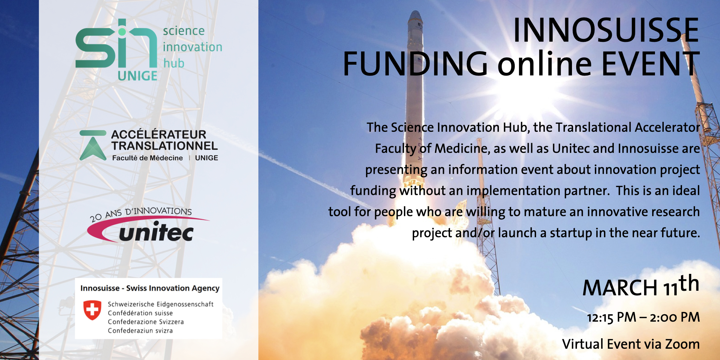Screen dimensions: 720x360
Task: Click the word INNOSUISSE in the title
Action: click(x=606, y=31)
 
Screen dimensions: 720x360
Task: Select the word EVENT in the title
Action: click(x=651, y=64)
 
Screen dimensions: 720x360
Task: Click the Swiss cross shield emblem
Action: click(x=92, y=310)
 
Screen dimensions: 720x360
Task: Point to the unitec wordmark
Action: click(x=156, y=232)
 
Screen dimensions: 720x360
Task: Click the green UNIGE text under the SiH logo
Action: click(x=137, y=76)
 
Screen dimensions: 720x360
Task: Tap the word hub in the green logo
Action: click(x=174, y=63)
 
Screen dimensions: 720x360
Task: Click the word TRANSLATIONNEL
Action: click(x=165, y=146)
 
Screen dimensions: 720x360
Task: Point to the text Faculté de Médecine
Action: click(x=147, y=158)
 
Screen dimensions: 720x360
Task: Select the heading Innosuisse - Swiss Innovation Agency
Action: click(x=150, y=288)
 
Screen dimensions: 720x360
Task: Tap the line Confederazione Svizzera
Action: click(x=146, y=322)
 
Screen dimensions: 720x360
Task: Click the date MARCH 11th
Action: click(x=641, y=286)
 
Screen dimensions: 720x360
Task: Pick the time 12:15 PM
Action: click(x=612, y=317)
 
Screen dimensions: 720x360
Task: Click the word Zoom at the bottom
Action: click(x=682, y=344)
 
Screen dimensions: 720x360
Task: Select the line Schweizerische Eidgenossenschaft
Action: click(x=161, y=304)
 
